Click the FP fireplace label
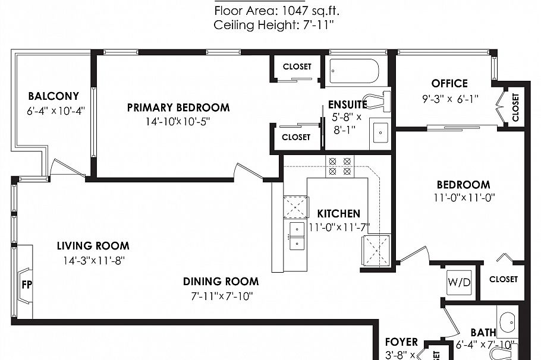point(26,284)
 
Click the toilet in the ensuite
point(378,100)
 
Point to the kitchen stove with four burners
point(339,165)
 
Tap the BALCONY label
point(54,96)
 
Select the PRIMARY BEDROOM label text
point(178,108)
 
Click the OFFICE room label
point(449,83)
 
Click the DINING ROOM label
point(221,282)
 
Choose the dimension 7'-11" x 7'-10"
point(221,296)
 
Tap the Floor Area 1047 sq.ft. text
point(277,10)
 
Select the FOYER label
point(401,342)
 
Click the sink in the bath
point(507,323)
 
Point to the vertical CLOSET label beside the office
point(515,107)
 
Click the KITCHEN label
point(338,213)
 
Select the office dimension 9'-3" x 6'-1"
point(449,98)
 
